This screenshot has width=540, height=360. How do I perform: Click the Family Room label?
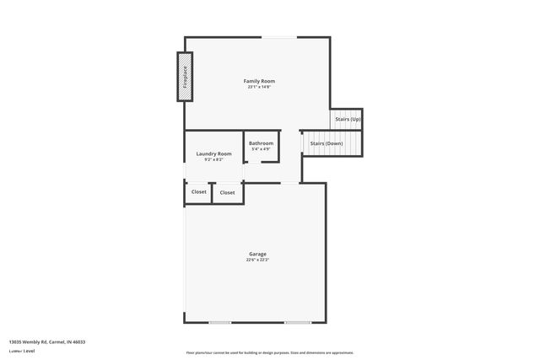(259, 81)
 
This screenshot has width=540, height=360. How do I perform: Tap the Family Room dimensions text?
(259, 87)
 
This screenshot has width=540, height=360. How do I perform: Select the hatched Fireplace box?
(185, 78)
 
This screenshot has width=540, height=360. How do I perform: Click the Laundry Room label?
(213, 153)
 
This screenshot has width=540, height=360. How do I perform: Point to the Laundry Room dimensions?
(213, 159)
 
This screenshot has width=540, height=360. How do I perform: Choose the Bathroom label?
(261, 143)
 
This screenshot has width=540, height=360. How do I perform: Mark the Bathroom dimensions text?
(261, 149)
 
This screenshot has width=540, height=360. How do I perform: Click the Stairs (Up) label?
(348, 119)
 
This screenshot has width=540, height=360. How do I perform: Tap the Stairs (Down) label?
(327, 143)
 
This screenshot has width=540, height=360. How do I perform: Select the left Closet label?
(198, 191)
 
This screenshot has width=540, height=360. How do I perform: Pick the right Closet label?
(228, 192)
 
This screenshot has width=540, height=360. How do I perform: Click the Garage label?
(257, 254)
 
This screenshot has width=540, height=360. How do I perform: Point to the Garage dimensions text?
(257, 260)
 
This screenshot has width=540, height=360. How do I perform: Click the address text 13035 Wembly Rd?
(47, 341)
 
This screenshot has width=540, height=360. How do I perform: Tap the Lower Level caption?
(22, 351)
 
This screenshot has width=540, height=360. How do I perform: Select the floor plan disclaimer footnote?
(269, 352)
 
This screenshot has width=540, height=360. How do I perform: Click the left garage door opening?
(220, 322)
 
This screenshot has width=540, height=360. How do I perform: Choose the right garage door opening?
(297, 322)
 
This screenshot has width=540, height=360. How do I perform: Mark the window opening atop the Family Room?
(278, 37)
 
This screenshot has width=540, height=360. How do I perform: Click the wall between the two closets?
(212, 192)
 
